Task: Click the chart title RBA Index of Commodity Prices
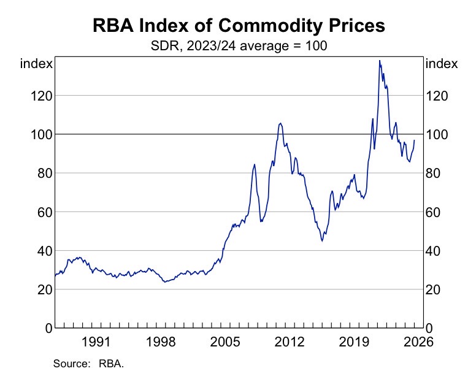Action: click(x=239, y=26)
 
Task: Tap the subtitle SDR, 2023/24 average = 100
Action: click(x=239, y=46)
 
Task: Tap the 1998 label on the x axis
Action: click(x=161, y=342)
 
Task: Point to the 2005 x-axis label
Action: click(x=226, y=342)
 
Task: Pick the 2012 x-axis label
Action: click(x=291, y=342)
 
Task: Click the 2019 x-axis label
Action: click(x=356, y=342)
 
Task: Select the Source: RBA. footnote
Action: click(x=89, y=364)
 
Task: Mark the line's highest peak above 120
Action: click(x=380, y=61)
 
